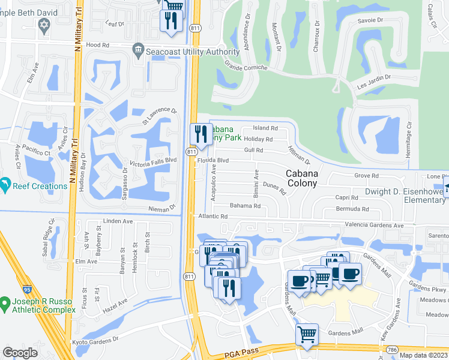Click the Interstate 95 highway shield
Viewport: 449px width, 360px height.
pyautogui.click(x=28, y=273)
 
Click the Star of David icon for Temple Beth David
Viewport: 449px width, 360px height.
pyautogui.click(x=43, y=25)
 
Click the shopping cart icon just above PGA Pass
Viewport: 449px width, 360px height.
pyautogui.click(x=307, y=334)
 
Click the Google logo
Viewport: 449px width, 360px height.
pyautogui.click(x=20, y=352)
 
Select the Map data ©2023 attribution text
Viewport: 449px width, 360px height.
pyautogui.click(x=423, y=355)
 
